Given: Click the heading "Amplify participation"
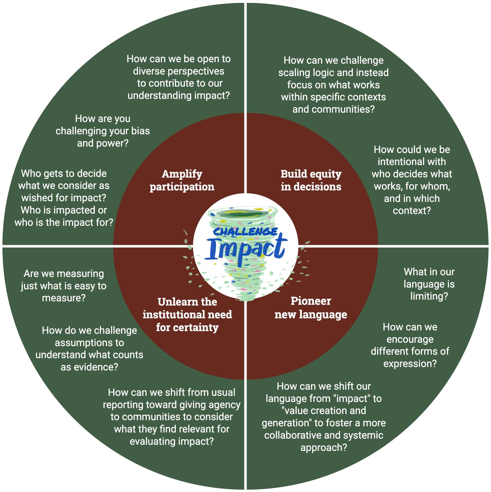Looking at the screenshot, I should tap(182, 180).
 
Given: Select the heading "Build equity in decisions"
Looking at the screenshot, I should tap(311, 180).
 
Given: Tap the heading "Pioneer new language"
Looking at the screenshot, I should tap(311, 308).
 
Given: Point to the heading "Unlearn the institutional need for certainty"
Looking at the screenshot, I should tap(187, 314).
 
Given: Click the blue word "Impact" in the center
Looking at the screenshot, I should tap(246, 249).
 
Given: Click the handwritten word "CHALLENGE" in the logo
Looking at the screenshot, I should tap(245, 231).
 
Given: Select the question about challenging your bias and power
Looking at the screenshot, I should tap(103, 131).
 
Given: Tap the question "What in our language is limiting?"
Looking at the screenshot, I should tap(429, 284).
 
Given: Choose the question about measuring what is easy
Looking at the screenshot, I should tap(64, 286).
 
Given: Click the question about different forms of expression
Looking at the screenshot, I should tap(410, 345).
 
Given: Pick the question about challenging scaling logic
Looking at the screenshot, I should tap(333, 85).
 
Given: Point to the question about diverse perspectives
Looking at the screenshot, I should tap(179, 77).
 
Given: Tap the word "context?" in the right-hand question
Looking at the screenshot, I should tap(412, 211).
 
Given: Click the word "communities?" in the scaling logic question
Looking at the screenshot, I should tap(343, 109).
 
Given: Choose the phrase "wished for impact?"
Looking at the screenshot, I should tap(64, 198).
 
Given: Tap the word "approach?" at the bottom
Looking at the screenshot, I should tap(323, 447).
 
